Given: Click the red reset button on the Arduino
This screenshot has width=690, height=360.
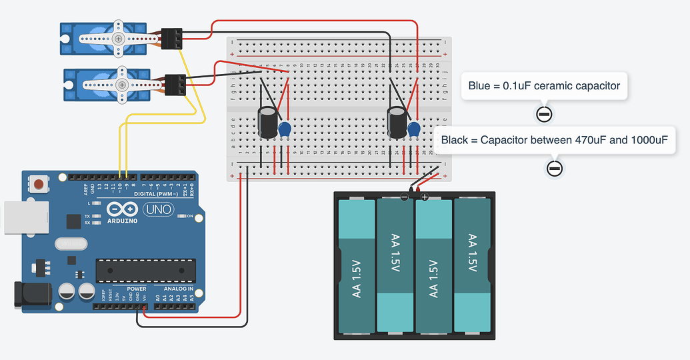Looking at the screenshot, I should [39, 183].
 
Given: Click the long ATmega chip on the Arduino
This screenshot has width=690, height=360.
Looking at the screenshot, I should [146, 269].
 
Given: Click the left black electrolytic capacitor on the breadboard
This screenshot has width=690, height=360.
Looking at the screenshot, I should [269, 123].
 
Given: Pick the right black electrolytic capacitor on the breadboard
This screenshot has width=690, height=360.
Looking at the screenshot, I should [398, 123].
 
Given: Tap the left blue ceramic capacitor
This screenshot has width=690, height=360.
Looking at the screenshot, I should [285, 128].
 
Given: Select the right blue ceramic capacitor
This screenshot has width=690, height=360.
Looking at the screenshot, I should [413, 128].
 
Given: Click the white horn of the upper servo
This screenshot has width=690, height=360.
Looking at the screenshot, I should [118, 39].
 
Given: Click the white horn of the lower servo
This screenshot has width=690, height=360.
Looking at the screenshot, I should [122, 85].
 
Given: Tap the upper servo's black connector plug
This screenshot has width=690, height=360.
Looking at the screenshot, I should [171, 39].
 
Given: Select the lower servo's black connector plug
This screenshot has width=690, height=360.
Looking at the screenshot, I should [175, 85].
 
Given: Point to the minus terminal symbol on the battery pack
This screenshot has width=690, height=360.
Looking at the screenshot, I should [404, 197].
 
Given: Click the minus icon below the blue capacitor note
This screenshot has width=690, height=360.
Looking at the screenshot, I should [543, 115].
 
